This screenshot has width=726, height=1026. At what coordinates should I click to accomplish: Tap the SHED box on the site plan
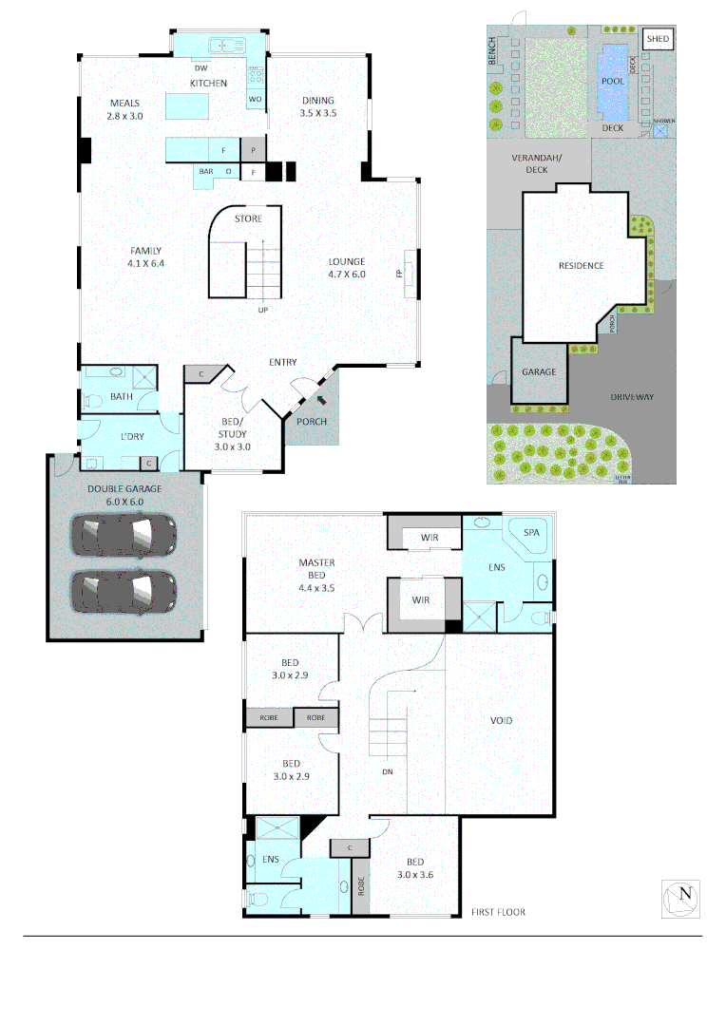658,39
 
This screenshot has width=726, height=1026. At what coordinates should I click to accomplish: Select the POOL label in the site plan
613,81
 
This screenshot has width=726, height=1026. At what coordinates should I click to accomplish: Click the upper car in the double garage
124,535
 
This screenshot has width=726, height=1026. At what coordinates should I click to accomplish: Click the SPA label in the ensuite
530,533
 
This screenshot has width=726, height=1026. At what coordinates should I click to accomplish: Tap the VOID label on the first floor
501,720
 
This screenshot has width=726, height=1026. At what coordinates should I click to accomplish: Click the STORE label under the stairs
248,219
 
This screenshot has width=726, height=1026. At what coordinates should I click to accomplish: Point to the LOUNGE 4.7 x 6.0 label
347,268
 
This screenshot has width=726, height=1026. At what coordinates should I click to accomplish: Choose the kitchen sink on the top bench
224,44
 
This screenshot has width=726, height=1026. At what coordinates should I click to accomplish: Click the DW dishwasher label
201,68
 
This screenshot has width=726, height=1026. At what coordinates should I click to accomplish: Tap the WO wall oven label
255,99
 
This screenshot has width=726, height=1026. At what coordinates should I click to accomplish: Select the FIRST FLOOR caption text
498,912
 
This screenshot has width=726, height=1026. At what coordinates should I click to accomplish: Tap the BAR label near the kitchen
206,171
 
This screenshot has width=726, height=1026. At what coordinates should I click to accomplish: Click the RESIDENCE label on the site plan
581,265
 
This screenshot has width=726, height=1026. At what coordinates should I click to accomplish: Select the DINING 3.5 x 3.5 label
318,106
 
